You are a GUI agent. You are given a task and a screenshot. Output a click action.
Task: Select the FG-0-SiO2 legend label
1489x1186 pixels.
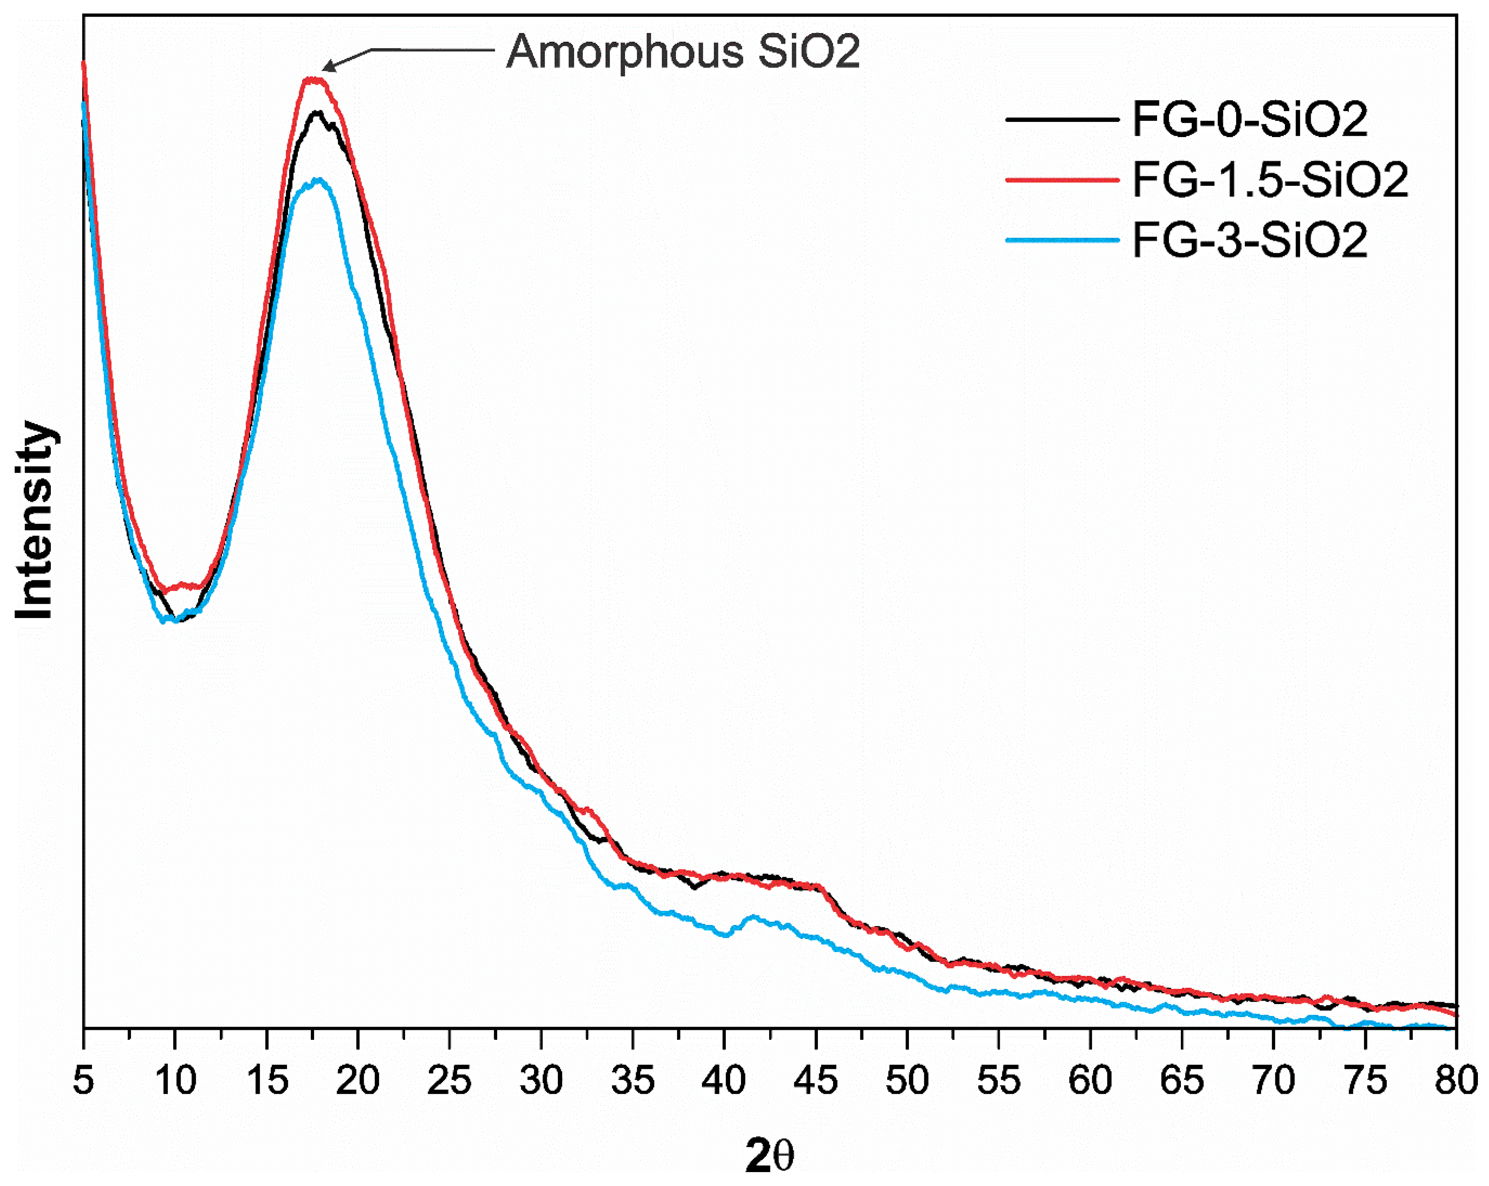tap(1249, 120)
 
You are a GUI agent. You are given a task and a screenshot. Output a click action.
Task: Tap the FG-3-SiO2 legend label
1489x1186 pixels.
tap(1249, 240)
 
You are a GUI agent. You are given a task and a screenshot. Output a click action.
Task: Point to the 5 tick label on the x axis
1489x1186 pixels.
tap(83, 1080)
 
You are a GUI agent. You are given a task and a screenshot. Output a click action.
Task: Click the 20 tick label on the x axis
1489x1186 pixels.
tap(358, 1080)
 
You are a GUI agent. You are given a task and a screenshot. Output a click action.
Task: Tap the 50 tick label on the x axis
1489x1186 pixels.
tap(907, 1080)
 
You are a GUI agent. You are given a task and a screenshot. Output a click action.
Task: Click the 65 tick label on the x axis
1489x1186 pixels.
tap(1182, 1080)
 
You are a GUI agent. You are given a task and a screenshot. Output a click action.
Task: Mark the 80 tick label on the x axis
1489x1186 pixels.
tap(1456, 1080)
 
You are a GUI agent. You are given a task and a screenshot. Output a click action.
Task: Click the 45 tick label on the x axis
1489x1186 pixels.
tap(816, 1080)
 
